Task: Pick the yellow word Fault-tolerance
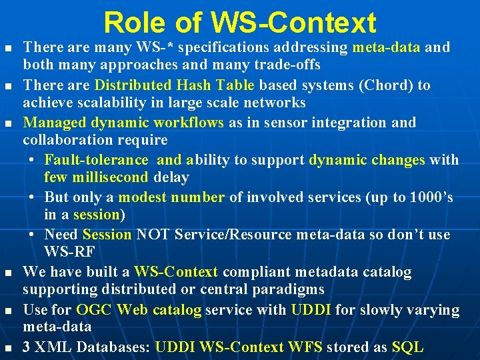pyautogui.click(x=96, y=160)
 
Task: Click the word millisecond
pyautogui.click(x=109, y=177)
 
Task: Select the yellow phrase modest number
pyautogui.click(x=172, y=197)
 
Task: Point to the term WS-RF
pyautogui.click(x=69, y=252)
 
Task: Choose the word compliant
pyautogui.click(x=253, y=272)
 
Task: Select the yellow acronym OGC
pyautogui.click(x=94, y=310)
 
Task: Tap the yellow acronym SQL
pyautogui.click(x=408, y=347)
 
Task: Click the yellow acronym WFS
pyautogui.click(x=305, y=347)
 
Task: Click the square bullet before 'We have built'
pyautogui.click(x=8, y=273)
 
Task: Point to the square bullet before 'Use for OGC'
pyautogui.click(x=8, y=311)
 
